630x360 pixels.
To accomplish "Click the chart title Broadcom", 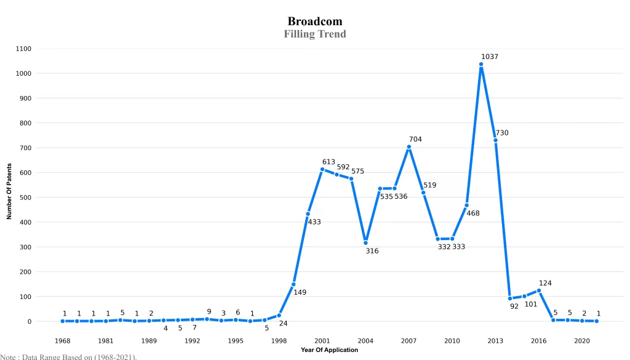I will (x=314, y=22).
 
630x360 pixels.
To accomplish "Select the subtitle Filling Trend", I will (x=314, y=34).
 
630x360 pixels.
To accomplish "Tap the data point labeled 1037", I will (x=481, y=64).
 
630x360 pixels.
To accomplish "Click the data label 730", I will (x=502, y=133).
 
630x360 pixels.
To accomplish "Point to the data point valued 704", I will (x=409, y=147).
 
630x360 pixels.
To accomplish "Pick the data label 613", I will (x=329, y=162).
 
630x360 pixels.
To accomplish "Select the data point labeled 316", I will (x=365, y=242).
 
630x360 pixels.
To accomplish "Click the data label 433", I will (x=314, y=222).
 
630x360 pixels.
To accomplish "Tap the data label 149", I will (x=300, y=292).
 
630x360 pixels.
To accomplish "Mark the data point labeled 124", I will (x=539, y=290).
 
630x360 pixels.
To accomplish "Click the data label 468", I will (x=473, y=214).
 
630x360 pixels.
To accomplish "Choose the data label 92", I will (x=514, y=306).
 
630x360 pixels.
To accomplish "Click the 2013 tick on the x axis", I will (x=495, y=340).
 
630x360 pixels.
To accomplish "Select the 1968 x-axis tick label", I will (x=63, y=340).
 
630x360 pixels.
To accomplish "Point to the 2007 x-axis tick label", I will (x=409, y=340).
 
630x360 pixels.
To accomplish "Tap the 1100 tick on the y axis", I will (x=25, y=49).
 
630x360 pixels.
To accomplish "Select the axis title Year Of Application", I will (x=329, y=350).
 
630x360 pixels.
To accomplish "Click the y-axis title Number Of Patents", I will (x=9, y=191).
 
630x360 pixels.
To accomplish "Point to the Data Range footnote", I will (x=68, y=356).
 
